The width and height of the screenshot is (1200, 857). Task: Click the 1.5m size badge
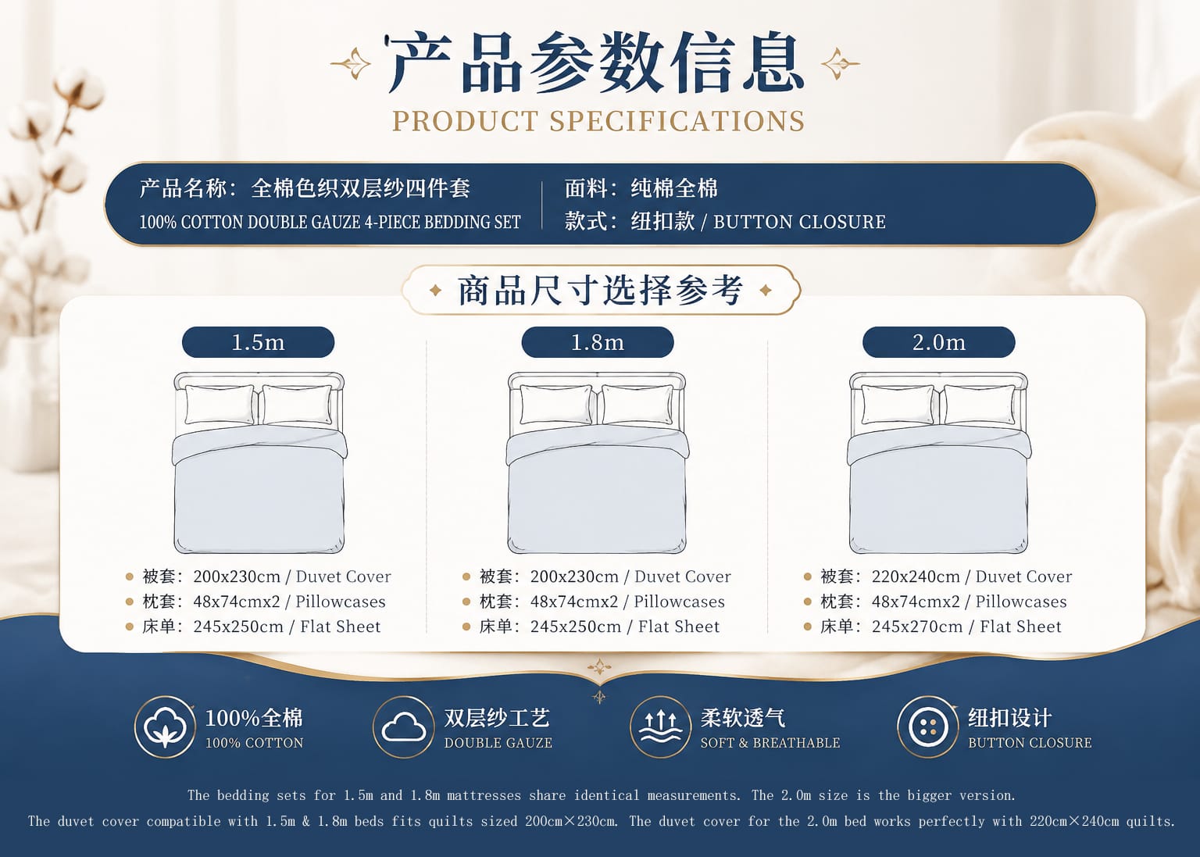pos(259,342)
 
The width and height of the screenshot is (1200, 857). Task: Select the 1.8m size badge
pos(598,342)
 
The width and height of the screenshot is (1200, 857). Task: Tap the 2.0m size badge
pos(938,342)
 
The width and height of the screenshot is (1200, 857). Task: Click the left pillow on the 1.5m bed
pos(220,405)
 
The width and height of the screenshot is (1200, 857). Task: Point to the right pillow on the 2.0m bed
pos(980,405)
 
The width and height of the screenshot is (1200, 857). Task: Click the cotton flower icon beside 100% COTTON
pos(165,727)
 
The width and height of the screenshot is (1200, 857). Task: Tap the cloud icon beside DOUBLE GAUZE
pos(403,727)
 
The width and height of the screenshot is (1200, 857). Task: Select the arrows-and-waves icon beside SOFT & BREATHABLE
pos(660,727)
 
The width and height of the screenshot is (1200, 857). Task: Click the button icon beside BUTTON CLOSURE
pos(928,727)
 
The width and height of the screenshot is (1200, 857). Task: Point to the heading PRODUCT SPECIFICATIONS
pos(598,121)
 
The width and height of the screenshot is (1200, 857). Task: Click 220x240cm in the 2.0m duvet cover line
pos(916,577)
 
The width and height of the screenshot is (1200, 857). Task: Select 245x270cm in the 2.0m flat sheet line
pos(916,627)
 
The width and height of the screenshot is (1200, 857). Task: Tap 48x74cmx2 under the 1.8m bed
pos(574,602)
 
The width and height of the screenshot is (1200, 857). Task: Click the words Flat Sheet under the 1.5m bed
pos(340,627)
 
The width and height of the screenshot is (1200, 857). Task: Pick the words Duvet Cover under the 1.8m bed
pos(683,577)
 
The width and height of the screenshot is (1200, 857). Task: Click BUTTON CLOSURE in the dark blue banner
pos(799,222)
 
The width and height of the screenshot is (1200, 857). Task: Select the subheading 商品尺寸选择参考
pos(601,291)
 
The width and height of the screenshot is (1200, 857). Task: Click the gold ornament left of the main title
pos(351,64)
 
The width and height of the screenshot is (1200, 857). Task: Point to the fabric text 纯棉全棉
pos(674,188)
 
